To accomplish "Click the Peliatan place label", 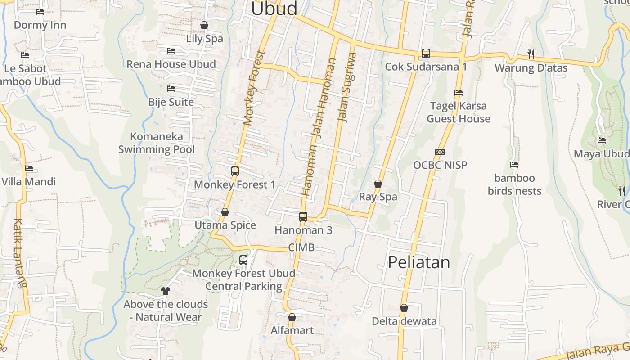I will point(418,262).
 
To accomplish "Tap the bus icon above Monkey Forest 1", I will point(235,171).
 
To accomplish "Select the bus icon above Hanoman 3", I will point(303,217).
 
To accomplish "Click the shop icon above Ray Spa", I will point(378,184).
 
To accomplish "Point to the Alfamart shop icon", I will point(292,317).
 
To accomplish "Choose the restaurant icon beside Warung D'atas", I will point(531,54).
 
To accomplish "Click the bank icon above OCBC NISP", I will point(440,152).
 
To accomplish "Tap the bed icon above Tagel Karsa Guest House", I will point(459,93).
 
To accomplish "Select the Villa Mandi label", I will point(29,182).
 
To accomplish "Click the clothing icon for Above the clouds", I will point(166,291).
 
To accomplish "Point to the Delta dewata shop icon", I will point(404,308).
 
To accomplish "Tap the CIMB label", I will point(301,247).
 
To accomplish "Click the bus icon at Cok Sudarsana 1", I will point(426,54).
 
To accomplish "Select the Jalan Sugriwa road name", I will point(347,87).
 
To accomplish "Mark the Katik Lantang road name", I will point(19,253).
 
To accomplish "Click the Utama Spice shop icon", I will point(225,212).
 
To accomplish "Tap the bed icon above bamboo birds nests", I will point(514,165).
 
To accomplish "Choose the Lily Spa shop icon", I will point(204,25).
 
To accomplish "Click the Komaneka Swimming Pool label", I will point(157,143).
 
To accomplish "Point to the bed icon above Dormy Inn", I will point(40,12).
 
